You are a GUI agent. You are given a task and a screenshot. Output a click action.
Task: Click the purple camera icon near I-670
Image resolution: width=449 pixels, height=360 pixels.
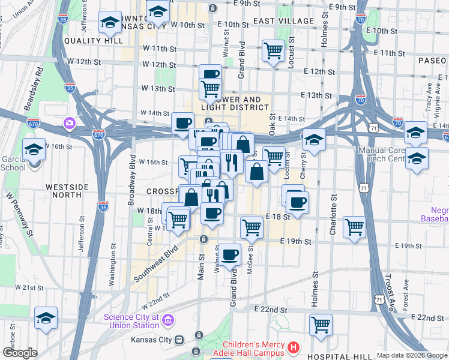pos(70,123)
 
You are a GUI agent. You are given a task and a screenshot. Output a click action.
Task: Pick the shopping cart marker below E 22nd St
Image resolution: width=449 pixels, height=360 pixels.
pos(321,325)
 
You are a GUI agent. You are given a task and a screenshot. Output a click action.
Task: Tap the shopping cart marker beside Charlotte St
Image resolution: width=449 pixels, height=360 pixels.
pos(355,227)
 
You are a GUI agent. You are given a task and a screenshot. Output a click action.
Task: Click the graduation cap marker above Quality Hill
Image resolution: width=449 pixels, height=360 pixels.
pos(110,22)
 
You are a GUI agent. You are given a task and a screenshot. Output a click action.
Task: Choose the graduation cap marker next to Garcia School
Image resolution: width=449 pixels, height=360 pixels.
pos(34,149)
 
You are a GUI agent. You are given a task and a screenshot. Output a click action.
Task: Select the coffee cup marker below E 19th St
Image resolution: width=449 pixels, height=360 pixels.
pos(229,254)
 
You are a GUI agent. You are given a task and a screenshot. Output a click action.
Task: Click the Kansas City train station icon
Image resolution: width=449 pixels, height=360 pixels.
pos(179,339)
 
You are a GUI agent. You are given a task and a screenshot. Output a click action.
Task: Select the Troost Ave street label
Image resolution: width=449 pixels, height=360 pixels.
pos(388,298)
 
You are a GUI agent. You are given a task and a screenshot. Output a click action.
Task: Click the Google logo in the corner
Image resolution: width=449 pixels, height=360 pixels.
pos(20,353)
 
